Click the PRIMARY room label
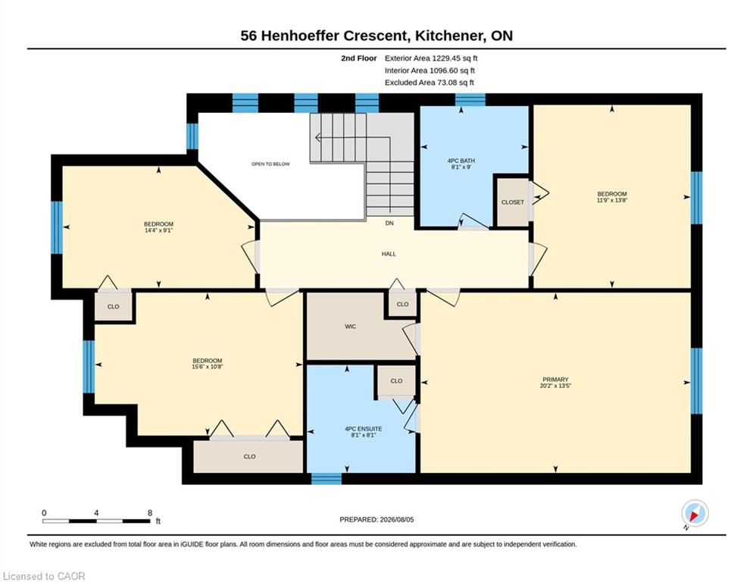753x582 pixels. (x=555, y=379)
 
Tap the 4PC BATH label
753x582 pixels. (x=461, y=161)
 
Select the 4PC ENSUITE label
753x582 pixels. (x=364, y=429)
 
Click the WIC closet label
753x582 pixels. (x=351, y=327)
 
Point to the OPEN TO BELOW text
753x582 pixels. (x=270, y=164)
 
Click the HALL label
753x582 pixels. (x=389, y=254)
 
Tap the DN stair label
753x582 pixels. (x=389, y=223)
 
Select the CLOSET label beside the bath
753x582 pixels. (x=513, y=202)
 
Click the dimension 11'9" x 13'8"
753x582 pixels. (x=612, y=200)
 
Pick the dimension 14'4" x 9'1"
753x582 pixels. (x=158, y=230)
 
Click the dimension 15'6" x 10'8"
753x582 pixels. (x=208, y=367)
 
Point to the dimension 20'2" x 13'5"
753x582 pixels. (x=555, y=386)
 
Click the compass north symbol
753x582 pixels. (x=695, y=514)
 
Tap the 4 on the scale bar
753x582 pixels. (x=96, y=513)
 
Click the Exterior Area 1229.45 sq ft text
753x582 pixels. (x=431, y=58)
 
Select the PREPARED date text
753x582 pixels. (x=376, y=520)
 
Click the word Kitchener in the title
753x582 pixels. (x=448, y=36)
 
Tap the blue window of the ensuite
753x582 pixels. (x=327, y=479)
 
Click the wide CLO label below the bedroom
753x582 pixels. (x=249, y=456)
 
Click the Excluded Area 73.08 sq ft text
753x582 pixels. (x=430, y=83)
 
